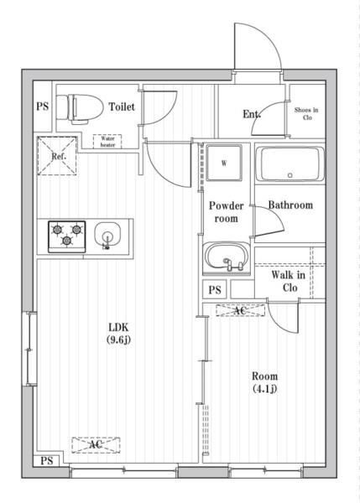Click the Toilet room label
pyautogui.click(x=122, y=106)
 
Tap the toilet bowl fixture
pyautogui.click(x=80, y=108)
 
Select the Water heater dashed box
pyautogui.click(x=107, y=142)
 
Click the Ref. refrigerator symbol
pyautogui.click(x=57, y=156)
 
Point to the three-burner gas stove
pyautogui.click(x=67, y=236)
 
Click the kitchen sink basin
pyautogui.click(x=107, y=235)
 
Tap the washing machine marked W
pyautogui.click(x=224, y=163)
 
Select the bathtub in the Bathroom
pyautogui.click(x=291, y=164)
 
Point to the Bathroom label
pyautogui.click(x=290, y=205)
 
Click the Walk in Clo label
pyautogui.click(x=289, y=282)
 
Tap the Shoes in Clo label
pyautogui.click(x=306, y=113)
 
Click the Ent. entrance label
pyautogui.click(x=252, y=114)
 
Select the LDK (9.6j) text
pyautogui.click(x=118, y=334)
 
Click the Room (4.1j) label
pyautogui.click(x=264, y=382)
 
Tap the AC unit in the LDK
pyautogui.click(x=96, y=445)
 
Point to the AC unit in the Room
pyautogui.click(x=240, y=310)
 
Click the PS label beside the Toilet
pyautogui.click(x=43, y=106)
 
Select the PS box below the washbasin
pyautogui.click(x=215, y=289)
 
